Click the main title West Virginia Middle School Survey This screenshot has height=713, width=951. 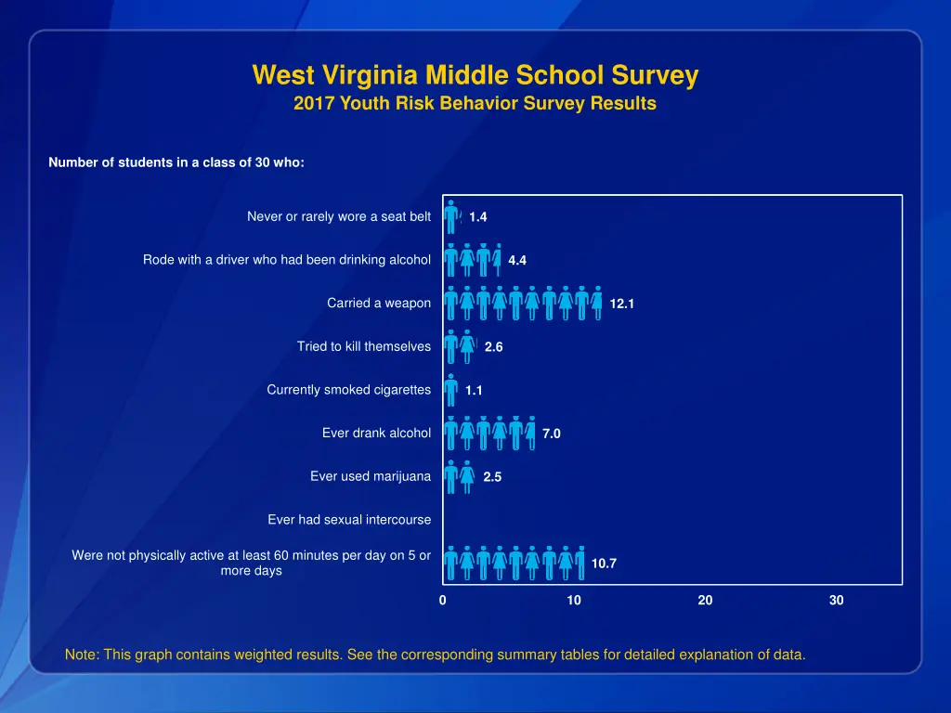(475, 75)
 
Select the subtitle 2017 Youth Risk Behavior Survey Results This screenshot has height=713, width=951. (475, 104)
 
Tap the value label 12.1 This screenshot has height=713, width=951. (622, 304)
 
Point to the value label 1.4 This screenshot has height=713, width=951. (478, 217)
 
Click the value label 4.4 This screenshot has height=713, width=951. (517, 261)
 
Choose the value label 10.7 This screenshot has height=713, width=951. (604, 564)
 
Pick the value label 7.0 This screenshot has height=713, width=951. (552, 434)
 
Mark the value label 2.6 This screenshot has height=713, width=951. (494, 347)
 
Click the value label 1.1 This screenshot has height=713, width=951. (475, 391)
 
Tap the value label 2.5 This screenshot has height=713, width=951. (492, 477)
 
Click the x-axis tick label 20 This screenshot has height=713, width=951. (706, 601)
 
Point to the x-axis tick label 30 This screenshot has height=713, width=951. (837, 601)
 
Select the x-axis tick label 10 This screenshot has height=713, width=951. (574, 601)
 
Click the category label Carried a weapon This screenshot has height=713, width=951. (379, 304)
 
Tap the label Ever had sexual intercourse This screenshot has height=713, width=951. (349, 520)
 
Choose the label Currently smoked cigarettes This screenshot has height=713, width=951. (349, 390)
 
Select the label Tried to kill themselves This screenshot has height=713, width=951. (364, 346)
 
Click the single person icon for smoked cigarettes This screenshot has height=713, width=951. (450, 390)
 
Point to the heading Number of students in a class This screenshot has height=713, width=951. (176, 162)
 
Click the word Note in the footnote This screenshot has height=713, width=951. (81, 655)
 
